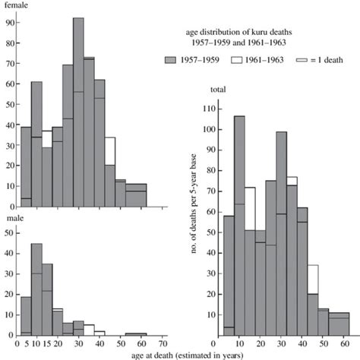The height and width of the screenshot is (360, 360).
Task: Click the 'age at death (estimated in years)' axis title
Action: point(180,354)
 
